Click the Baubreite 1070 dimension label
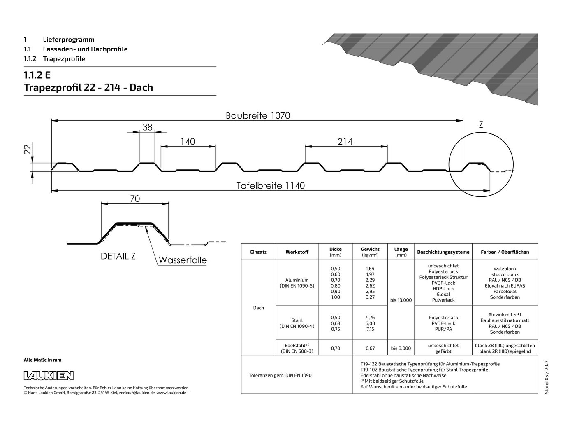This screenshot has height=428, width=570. point(258,115)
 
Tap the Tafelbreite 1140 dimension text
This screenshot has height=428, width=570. point(271,186)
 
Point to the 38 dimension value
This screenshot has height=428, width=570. point(147,127)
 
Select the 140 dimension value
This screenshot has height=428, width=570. point(188,141)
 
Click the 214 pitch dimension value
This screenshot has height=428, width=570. point(345,141)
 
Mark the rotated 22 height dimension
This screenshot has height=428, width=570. point(28,150)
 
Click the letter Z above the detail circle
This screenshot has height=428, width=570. point(481,125)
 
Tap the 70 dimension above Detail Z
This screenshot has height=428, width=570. point(135,199)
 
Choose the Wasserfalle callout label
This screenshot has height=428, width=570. point(183,260)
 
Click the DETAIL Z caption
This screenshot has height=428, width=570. point(118,256)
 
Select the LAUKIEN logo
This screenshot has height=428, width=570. point(49,376)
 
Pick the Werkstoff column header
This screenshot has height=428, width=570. point(297,252)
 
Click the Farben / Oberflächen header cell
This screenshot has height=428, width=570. point(505,252)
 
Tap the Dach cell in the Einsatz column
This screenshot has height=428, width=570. point(258,308)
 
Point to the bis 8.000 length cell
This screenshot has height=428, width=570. point(401,348)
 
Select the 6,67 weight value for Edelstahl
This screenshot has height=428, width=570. point(370,348)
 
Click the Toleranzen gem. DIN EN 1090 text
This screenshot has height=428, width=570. point(280,375)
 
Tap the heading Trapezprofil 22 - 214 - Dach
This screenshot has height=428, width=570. point(88,87)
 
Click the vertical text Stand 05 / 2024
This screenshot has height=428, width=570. point(547,377)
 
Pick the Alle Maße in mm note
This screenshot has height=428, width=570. point(43,360)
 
